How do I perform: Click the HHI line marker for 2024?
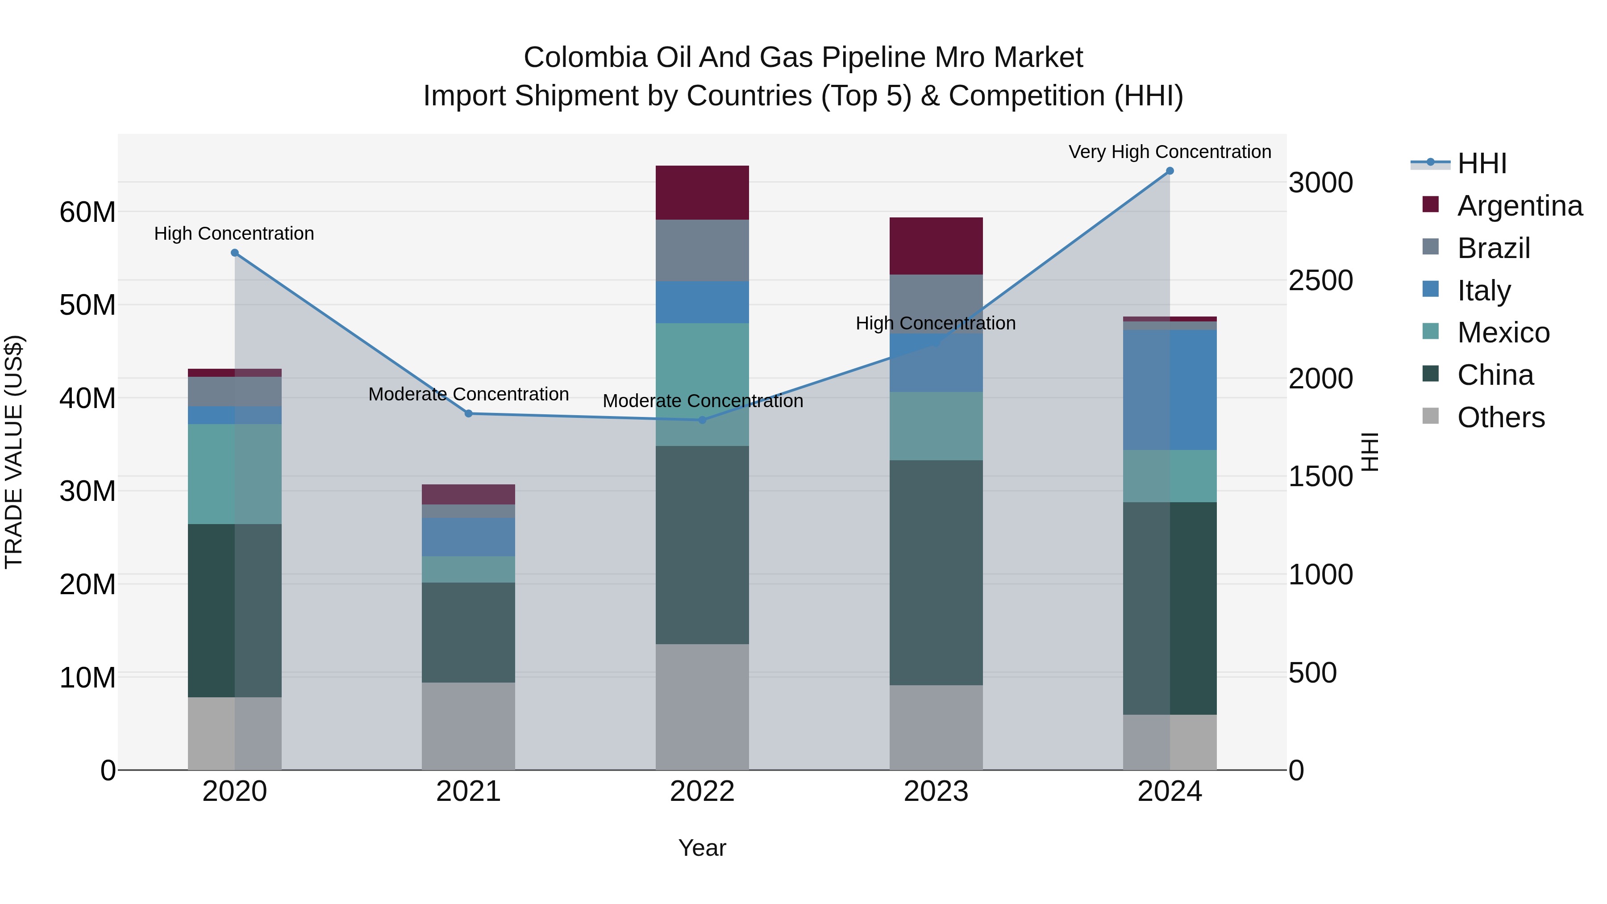(1170, 171)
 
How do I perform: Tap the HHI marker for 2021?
(469, 414)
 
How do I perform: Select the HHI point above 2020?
(234, 253)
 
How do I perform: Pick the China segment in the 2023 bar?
(936, 572)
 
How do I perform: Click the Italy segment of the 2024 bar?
(1170, 390)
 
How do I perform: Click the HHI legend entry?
(1482, 163)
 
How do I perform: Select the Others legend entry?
(1500, 417)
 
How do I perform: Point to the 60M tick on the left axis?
(87, 212)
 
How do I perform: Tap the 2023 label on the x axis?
(936, 792)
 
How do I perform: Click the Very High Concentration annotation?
(1170, 152)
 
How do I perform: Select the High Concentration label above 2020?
(234, 233)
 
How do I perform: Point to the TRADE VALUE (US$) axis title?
(14, 452)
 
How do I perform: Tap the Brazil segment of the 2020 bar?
(234, 391)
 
